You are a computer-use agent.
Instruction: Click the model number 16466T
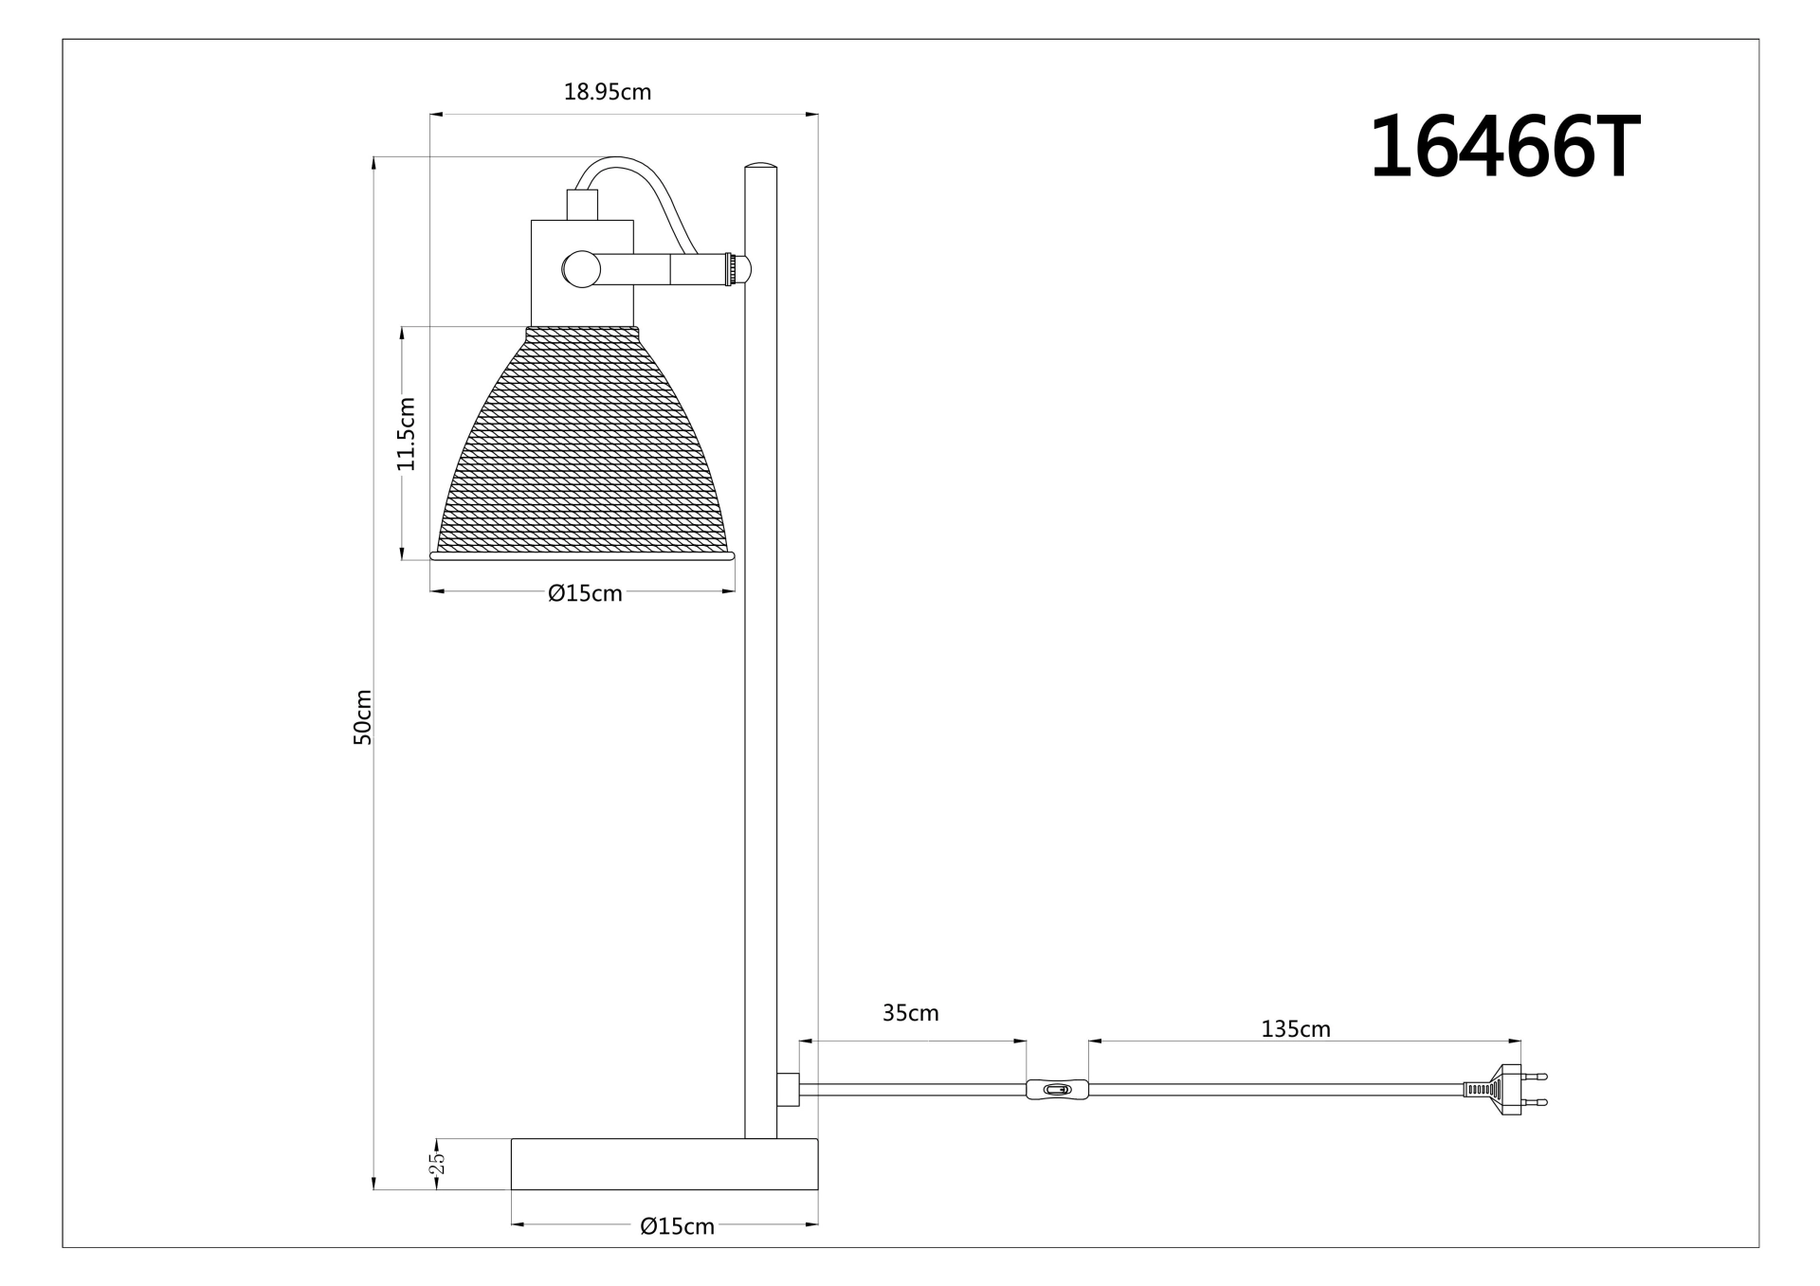(1504, 149)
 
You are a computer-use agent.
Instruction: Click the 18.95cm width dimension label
(607, 92)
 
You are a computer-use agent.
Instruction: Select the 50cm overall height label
(362, 716)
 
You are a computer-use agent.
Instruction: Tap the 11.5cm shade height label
(406, 434)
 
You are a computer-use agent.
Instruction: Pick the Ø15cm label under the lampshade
(585, 593)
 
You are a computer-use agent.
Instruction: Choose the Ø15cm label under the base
(677, 1226)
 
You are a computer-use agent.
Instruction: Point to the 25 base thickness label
(437, 1163)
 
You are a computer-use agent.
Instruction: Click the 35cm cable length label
(910, 1013)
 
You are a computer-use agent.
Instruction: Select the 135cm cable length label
(1295, 1029)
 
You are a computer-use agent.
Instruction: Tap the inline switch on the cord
(1057, 1090)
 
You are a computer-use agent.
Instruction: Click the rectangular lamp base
(664, 1164)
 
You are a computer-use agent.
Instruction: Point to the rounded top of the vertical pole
(760, 169)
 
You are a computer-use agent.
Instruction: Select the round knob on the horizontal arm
(580, 269)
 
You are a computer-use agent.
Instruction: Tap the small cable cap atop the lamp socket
(582, 205)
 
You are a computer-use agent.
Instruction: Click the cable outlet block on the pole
(788, 1090)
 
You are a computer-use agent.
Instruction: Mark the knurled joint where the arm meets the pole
(731, 269)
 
